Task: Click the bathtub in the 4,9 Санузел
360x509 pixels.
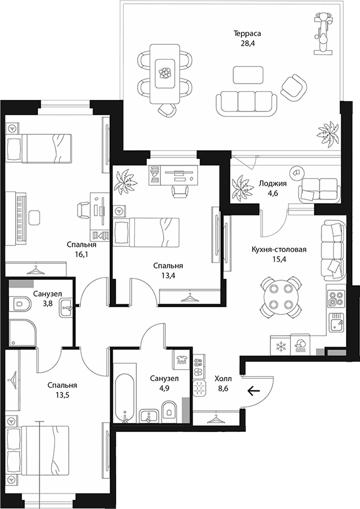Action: tap(124, 398)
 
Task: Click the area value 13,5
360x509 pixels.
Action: tap(62, 395)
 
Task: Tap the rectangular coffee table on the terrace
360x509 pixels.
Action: tap(248, 75)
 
